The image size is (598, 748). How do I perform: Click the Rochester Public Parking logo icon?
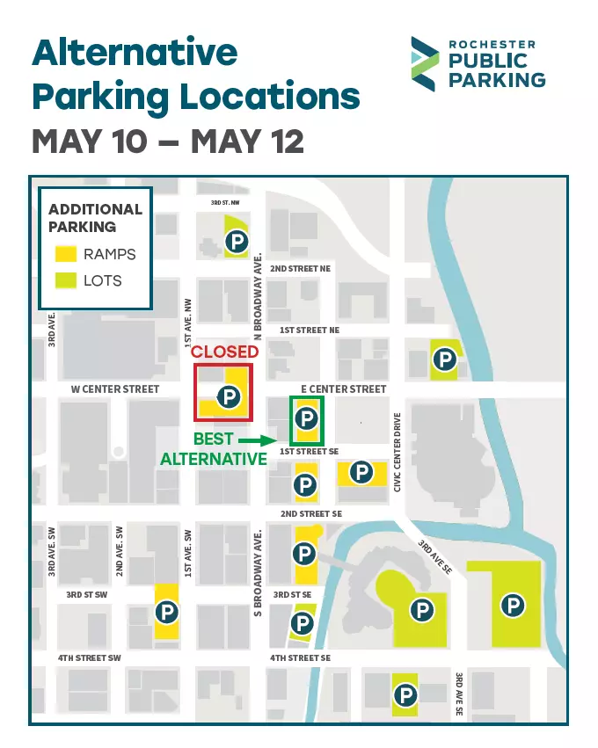click(x=426, y=63)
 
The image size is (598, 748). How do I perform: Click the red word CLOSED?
click(x=225, y=352)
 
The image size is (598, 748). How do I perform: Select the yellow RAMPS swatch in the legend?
click(x=66, y=254)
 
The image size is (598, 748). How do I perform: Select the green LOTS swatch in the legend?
click(x=66, y=281)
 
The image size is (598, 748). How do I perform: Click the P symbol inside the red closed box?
click(x=229, y=397)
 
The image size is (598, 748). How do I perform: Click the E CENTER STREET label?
click(x=343, y=389)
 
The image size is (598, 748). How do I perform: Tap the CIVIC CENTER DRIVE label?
click(x=397, y=452)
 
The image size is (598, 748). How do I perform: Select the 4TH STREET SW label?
click(x=89, y=657)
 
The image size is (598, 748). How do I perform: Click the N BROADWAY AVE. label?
click(x=259, y=294)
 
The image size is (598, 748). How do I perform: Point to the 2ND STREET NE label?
click(x=300, y=268)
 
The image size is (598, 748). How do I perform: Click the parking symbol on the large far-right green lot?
click(x=512, y=605)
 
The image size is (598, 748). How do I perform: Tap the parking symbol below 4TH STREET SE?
click(x=405, y=695)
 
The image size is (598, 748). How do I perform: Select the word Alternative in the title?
click(x=135, y=53)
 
